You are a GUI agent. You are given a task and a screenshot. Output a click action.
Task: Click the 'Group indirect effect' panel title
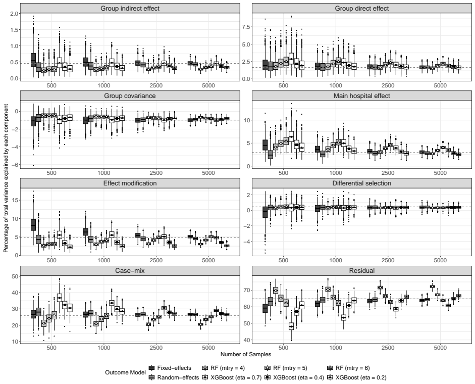(130, 9)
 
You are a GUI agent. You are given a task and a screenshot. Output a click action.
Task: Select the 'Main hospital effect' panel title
(362, 96)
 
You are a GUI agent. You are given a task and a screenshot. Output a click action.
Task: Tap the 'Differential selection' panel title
(362, 183)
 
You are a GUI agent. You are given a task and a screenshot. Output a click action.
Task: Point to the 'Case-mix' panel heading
(130, 270)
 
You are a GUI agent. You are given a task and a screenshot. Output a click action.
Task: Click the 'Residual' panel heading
(362, 270)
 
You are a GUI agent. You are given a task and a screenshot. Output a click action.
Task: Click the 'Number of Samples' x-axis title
(246, 354)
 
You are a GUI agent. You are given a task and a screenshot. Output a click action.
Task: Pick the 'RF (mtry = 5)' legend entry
(286, 368)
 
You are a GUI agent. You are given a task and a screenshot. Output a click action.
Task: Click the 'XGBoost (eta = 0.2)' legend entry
(357, 377)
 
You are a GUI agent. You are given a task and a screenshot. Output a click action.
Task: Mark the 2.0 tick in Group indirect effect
(14, 13)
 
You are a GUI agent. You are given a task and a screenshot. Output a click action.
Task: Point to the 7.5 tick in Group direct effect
(246, 27)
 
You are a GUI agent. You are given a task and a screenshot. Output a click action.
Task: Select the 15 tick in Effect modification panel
(15, 200)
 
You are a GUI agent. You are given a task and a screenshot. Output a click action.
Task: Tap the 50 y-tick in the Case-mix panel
(15, 276)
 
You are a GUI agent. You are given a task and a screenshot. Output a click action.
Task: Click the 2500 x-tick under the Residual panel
(388, 348)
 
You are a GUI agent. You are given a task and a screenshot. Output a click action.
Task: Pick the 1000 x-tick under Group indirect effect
(103, 85)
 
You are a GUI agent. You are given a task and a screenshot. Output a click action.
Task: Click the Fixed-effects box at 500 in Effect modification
(33, 225)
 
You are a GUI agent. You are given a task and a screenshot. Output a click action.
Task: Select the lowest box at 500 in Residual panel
(291, 326)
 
